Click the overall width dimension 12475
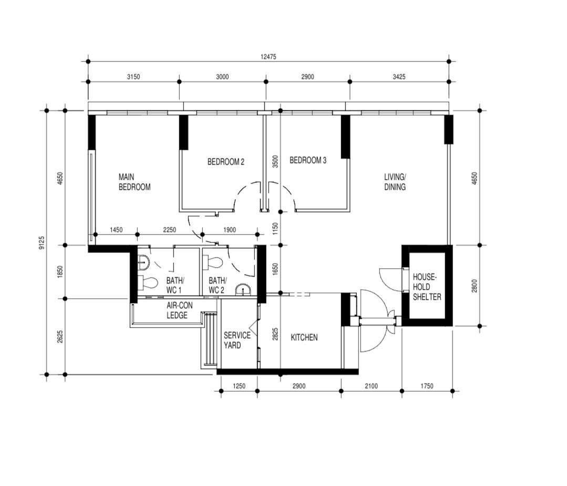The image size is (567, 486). (x=269, y=56)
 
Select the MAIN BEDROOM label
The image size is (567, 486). (x=135, y=182)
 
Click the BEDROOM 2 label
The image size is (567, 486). (x=225, y=162)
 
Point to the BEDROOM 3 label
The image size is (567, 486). (x=308, y=160)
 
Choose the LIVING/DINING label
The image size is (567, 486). (x=395, y=182)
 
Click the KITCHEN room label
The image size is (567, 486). (x=304, y=338)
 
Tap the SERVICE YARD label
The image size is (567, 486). (x=237, y=340)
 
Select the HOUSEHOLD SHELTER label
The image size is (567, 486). (x=427, y=287)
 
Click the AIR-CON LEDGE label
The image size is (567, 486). (x=179, y=310)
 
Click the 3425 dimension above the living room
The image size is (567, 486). (x=399, y=77)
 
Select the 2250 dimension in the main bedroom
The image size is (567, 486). (x=170, y=230)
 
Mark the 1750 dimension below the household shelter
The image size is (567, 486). (x=427, y=386)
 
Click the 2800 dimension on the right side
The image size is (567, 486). (x=475, y=286)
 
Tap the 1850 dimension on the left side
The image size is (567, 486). (x=60, y=272)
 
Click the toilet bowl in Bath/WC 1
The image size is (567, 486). (x=148, y=283)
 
